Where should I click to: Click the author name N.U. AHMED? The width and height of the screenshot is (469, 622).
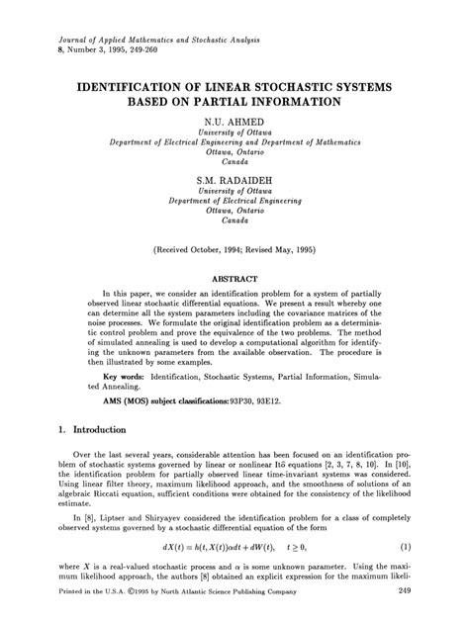point(234,118)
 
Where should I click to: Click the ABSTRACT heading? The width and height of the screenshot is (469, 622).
point(234,280)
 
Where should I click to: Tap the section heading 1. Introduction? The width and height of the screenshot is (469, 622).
point(91,430)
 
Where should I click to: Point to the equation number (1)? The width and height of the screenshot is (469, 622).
point(406,547)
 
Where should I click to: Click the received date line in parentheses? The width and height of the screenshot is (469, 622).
point(234,251)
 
